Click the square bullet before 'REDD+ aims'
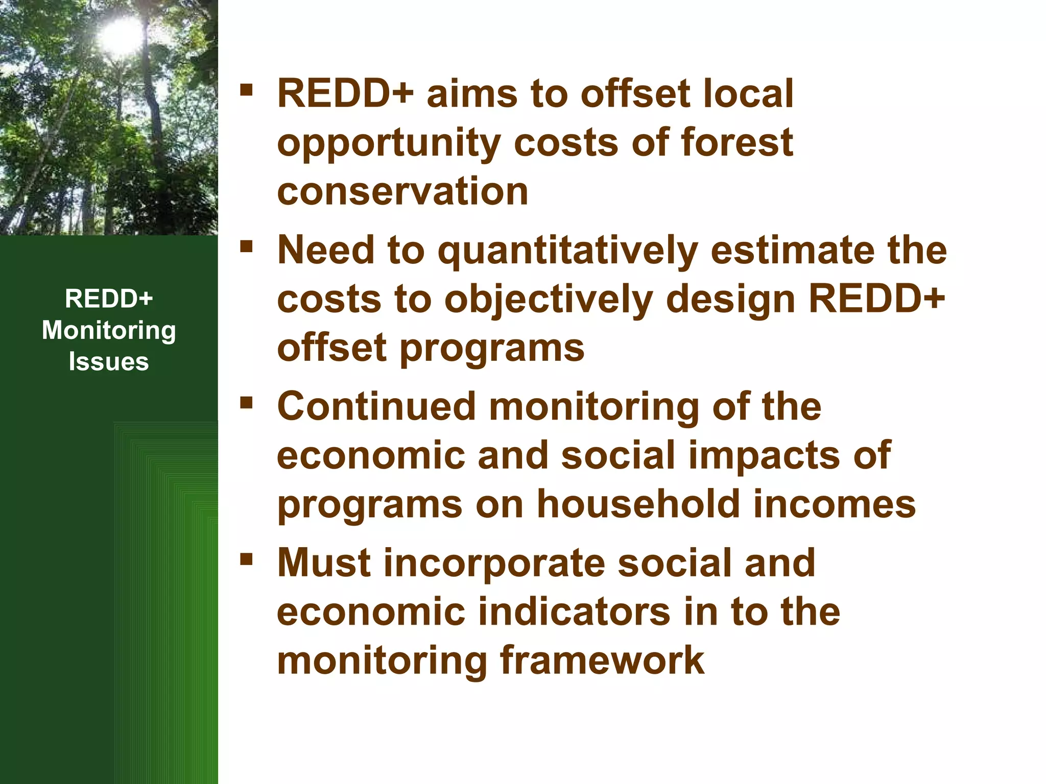pyautogui.click(x=247, y=90)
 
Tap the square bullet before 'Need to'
pyautogui.click(x=247, y=247)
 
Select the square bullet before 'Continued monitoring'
pyautogui.click(x=247, y=403)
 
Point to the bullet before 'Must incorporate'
pyautogui.click(x=247, y=559)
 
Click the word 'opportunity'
pyautogui.click(x=389, y=144)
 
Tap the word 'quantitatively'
pyautogui.click(x=567, y=252)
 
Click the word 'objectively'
pyautogui.click(x=549, y=301)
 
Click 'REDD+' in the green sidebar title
pyautogui.click(x=109, y=299)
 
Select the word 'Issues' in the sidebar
pyautogui.click(x=109, y=361)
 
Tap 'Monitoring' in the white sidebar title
pyautogui.click(x=109, y=331)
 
